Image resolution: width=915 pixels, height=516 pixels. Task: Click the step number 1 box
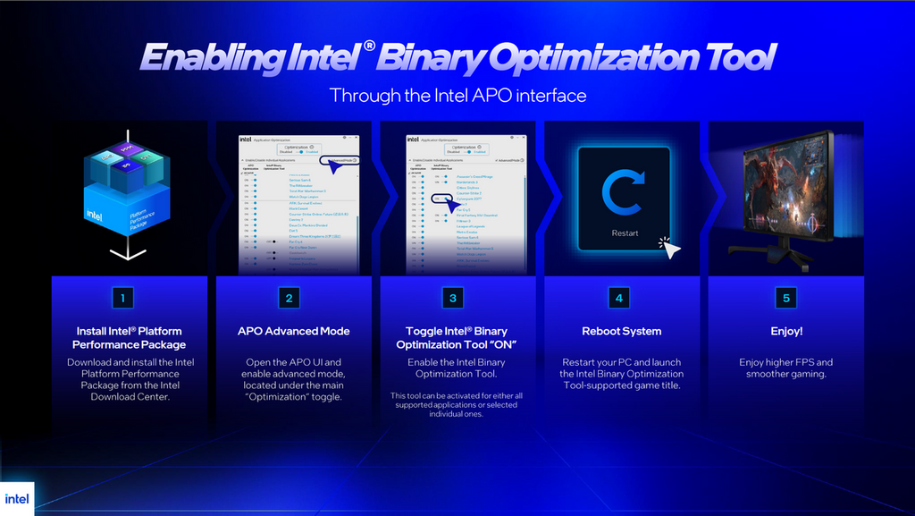(129, 298)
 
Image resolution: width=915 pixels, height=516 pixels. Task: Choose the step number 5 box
(786, 298)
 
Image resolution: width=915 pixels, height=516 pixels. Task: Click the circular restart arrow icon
(624, 195)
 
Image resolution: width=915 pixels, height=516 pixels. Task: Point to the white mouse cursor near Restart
(669, 248)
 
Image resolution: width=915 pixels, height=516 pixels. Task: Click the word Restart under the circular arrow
(625, 233)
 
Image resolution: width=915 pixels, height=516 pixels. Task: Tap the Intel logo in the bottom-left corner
(16, 499)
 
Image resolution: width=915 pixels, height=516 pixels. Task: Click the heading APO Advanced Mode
(293, 331)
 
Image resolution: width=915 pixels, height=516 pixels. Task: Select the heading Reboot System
(622, 331)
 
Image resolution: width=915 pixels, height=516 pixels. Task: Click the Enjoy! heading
(786, 331)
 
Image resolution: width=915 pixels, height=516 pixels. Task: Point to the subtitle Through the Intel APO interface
(457, 95)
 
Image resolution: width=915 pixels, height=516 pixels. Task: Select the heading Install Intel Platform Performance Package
(130, 338)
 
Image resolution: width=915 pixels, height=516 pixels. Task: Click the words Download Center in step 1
(130, 397)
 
